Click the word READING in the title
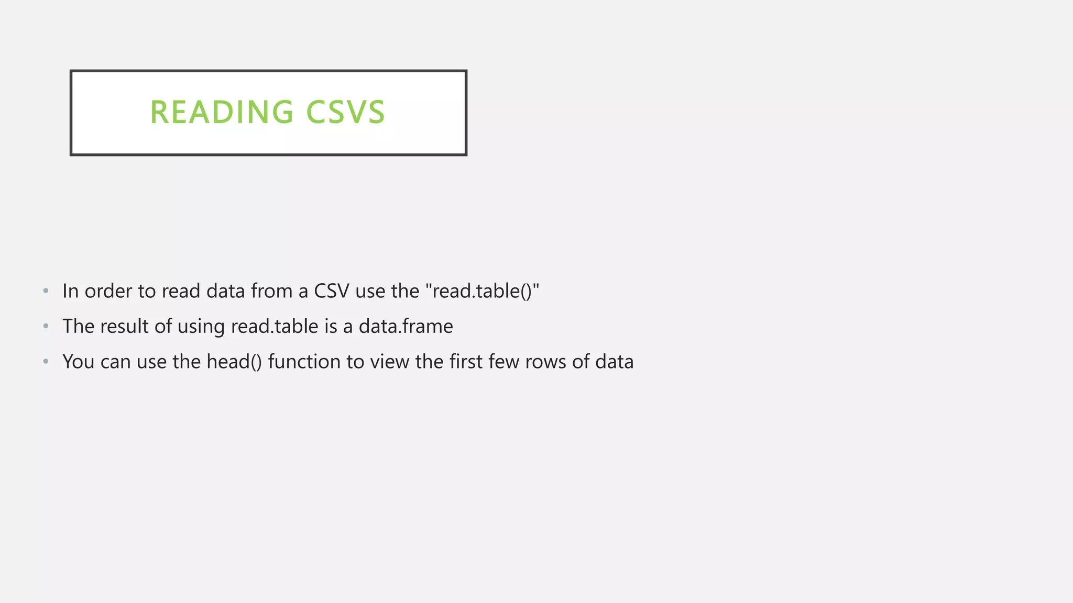click(x=222, y=112)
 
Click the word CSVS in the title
click(x=345, y=112)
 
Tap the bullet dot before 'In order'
click(x=46, y=291)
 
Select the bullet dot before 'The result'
click(x=46, y=327)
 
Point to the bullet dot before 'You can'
click(x=46, y=362)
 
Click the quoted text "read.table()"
click(x=483, y=291)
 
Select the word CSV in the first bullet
click(x=331, y=291)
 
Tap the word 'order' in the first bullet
click(x=108, y=291)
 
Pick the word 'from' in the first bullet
click(x=272, y=291)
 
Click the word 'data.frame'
click(x=406, y=327)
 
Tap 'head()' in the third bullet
click(x=234, y=362)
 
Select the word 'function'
click(x=304, y=362)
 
